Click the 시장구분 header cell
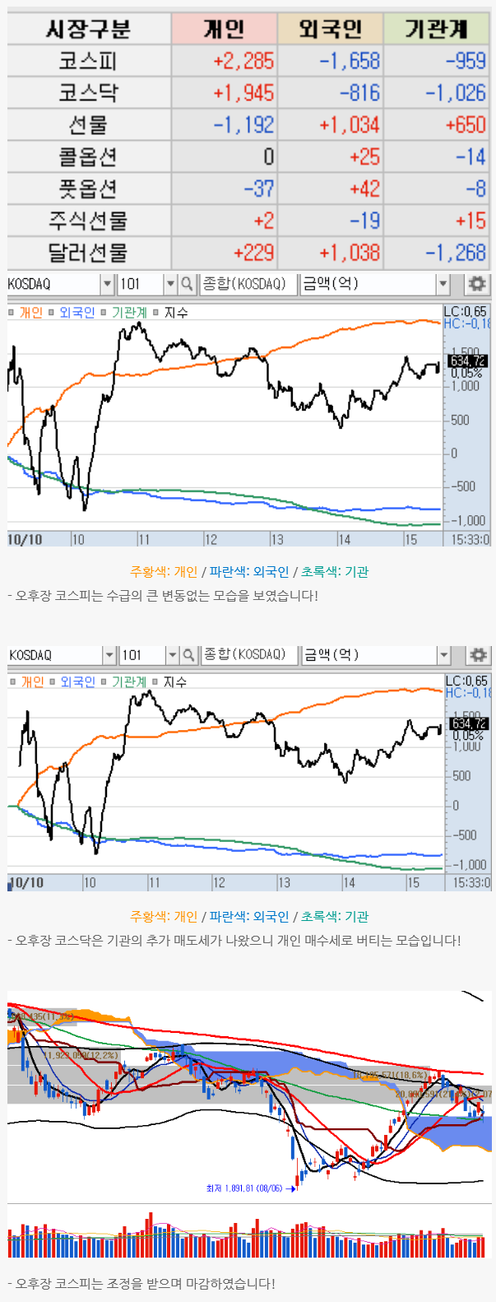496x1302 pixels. point(88,30)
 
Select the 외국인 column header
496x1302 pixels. point(330,30)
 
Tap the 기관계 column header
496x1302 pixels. point(436,30)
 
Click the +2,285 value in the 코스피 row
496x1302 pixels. point(243,61)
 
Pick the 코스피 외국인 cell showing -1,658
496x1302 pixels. point(350,61)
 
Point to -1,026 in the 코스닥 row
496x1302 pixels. point(456,93)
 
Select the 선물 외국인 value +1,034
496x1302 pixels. point(350,125)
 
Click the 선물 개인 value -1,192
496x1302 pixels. point(243,125)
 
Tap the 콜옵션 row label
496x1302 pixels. point(88,156)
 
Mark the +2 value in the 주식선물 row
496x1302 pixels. point(263,221)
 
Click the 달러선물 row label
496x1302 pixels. point(88,253)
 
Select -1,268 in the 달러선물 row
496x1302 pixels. point(456,253)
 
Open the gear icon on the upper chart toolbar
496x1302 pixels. point(476,284)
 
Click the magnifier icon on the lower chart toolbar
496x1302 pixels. point(188,655)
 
